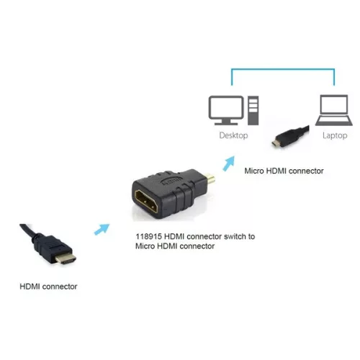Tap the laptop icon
click(x=332, y=111)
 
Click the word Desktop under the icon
click(x=234, y=135)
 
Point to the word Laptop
click(x=333, y=135)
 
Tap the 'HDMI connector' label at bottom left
click(x=48, y=287)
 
